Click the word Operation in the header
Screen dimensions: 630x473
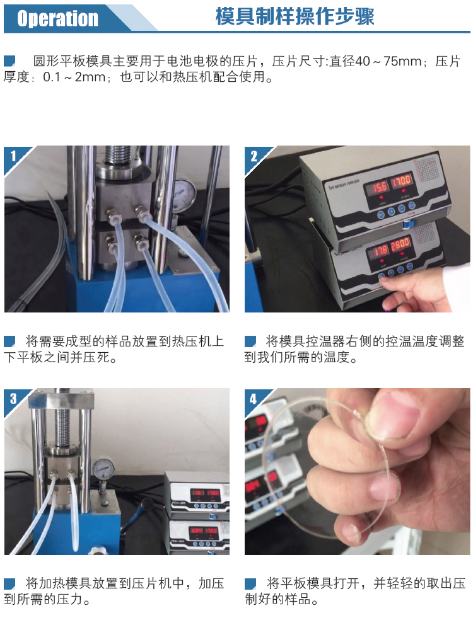(x=57, y=18)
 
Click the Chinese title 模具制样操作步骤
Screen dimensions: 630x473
(x=295, y=17)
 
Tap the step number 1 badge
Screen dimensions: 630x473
(x=13, y=156)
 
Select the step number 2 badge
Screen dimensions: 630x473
(x=254, y=156)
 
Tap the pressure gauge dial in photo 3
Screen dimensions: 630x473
(x=102, y=470)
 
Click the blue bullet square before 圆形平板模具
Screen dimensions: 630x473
(x=9, y=61)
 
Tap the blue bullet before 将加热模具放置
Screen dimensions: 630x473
(x=9, y=583)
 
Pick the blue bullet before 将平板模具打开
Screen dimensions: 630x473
(x=250, y=583)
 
